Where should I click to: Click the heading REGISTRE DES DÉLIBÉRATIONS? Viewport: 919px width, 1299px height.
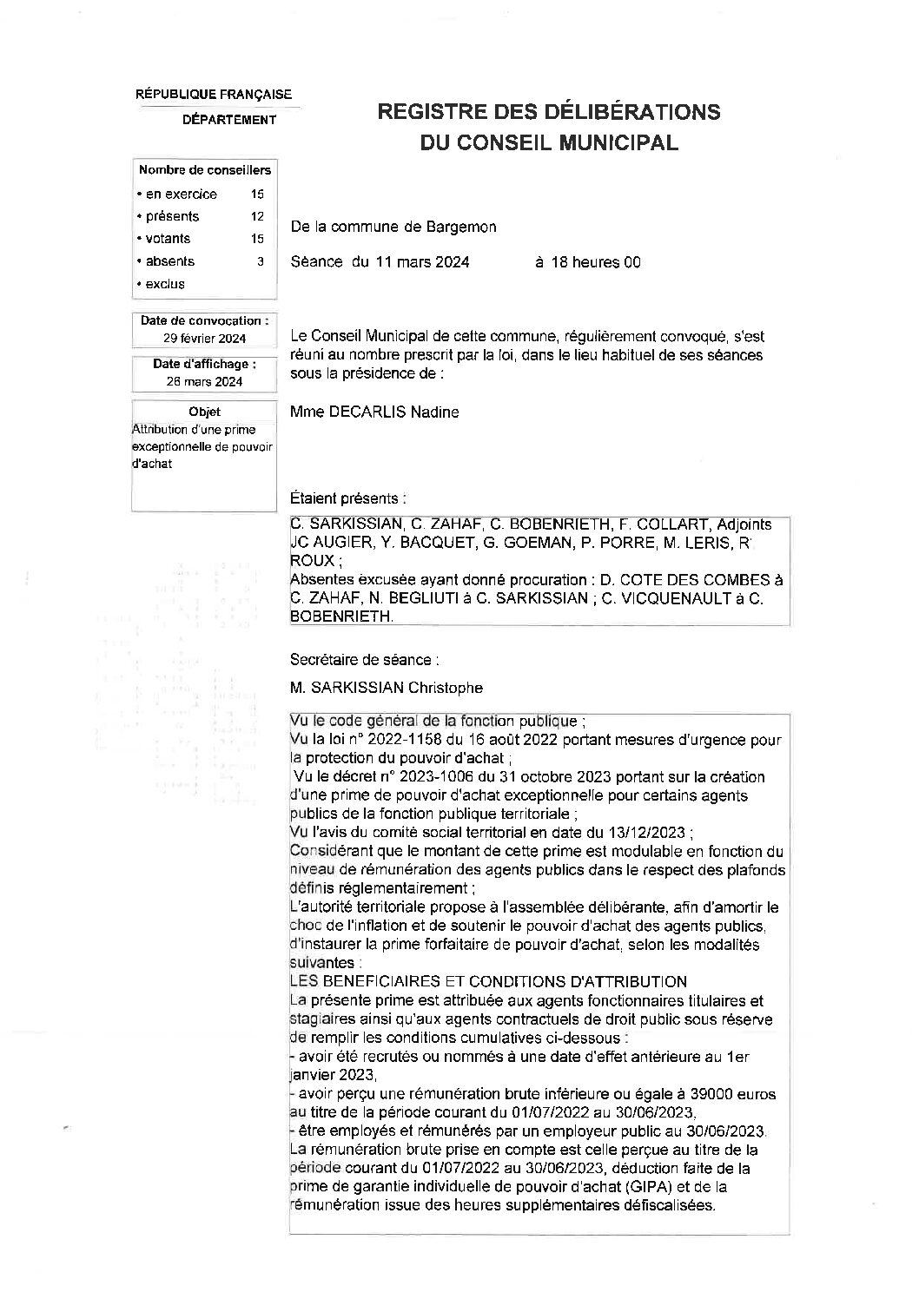pyautogui.click(x=546, y=112)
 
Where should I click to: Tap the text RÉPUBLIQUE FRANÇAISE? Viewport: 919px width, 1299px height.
pyautogui.click(x=214, y=95)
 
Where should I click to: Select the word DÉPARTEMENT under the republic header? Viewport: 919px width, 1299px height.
pyautogui.click(x=229, y=120)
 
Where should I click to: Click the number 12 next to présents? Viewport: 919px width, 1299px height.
pyautogui.click(x=257, y=216)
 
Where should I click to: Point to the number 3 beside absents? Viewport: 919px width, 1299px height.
pyautogui.click(x=260, y=260)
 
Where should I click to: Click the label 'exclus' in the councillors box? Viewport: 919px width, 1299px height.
pyautogui.click(x=165, y=284)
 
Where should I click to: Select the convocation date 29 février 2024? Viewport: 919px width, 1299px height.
pyautogui.click(x=205, y=339)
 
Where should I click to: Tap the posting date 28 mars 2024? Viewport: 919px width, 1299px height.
pyautogui.click(x=205, y=381)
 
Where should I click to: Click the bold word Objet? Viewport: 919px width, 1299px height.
pyautogui.click(x=204, y=412)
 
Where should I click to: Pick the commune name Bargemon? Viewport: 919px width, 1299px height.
pyautogui.click(x=462, y=227)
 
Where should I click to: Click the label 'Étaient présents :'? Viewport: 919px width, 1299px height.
pyautogui.click(x=347, y=498)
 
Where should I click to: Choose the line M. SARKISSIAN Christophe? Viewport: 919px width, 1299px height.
pyautogui.click(x=387, y=688)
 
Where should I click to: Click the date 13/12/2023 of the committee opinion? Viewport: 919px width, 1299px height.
pyautogui.click(x=639, y=832)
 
